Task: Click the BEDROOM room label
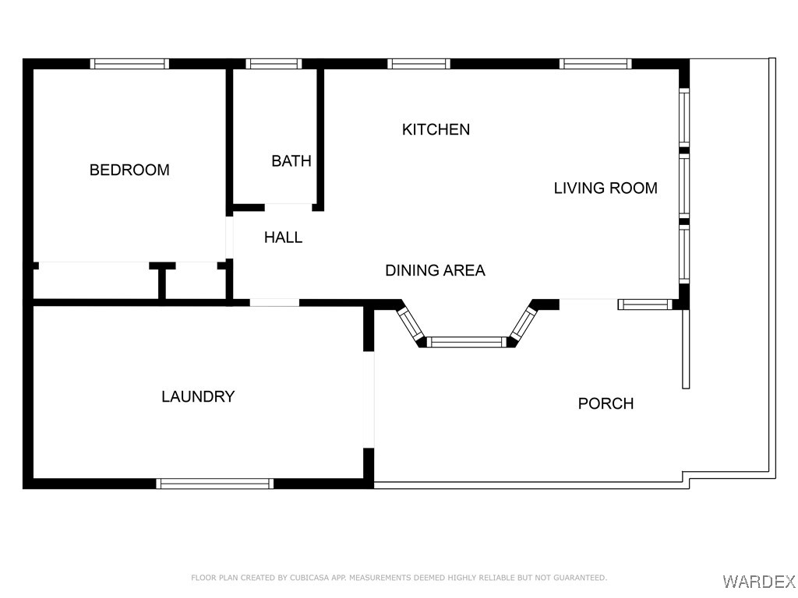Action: point(129,170)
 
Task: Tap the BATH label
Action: point(291,161)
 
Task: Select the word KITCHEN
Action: point(436,129)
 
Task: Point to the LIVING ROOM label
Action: point(605,188)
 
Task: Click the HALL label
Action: point(283,237)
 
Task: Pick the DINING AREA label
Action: point(435,270)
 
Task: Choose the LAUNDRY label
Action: point(198,396)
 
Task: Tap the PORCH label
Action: point(606,403)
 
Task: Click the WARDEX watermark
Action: point(758,581)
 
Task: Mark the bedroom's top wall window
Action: point(129,64)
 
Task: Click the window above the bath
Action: point(273,64)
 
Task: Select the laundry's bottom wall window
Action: point(215,484)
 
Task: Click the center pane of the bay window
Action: point(466,342)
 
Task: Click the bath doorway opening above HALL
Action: point(288,206)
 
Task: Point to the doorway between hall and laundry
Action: point(274,302)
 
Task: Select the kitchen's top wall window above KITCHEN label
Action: point(419,64)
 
